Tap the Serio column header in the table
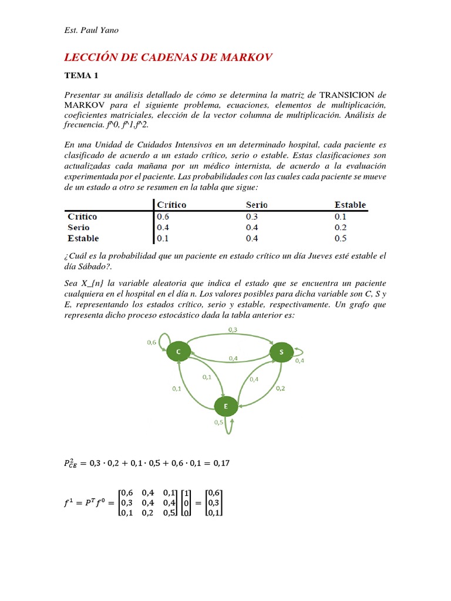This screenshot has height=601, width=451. (257, 205)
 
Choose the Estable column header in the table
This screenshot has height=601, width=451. (350, 205)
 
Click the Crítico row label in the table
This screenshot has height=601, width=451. (82, 216)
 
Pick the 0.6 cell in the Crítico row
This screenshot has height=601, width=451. (162, 216)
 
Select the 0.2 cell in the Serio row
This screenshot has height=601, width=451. (341, 227)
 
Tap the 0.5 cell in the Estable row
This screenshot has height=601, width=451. (341, 238)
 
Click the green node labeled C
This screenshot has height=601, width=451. (178, 352)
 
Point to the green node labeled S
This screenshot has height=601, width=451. (281, 352)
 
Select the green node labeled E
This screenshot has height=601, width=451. (226, 406)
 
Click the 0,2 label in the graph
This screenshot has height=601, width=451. (280, 388)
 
